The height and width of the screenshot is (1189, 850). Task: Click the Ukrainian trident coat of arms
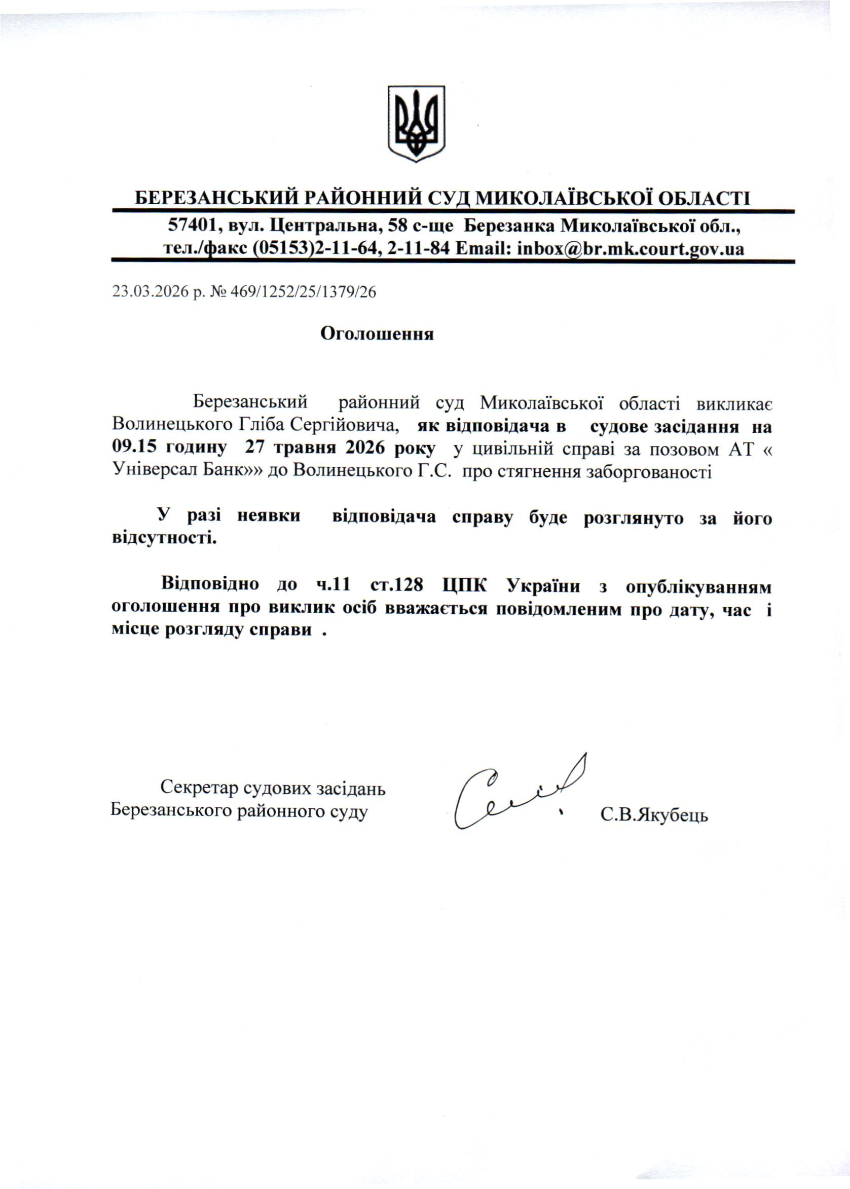[416, 123]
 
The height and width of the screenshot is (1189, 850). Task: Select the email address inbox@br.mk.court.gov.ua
[630, 248]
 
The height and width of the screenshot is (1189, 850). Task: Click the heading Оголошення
[377, 334]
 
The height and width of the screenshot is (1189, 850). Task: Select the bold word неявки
[269, 517]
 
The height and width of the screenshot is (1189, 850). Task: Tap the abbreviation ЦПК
[464, 585]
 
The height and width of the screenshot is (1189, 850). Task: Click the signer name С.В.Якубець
[654, 814]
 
